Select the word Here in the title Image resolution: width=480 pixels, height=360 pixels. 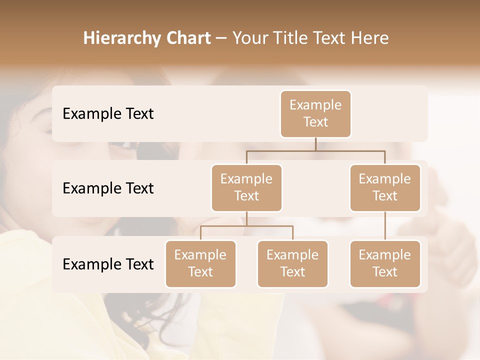coord(370,38)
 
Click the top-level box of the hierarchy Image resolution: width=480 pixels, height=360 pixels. coord(315,113)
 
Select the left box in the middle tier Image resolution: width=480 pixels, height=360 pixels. coord(246,187)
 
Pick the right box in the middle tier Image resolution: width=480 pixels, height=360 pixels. coord(385,187)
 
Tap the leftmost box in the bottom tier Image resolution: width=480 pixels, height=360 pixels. coord(200,263)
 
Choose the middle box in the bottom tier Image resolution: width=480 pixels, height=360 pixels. coord(292,263)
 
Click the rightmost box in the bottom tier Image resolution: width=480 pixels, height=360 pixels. coord(385,263)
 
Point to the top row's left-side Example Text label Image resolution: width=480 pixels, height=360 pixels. coord(108,113)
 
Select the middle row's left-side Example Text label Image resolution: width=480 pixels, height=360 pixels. coord(108,188)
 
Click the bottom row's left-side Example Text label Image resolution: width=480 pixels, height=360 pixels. coord(108,264)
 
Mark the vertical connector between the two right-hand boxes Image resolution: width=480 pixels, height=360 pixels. coord(385,226)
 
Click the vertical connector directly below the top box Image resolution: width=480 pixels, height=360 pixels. coord(315,144)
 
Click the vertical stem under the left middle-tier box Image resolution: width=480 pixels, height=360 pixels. coord(246,218)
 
